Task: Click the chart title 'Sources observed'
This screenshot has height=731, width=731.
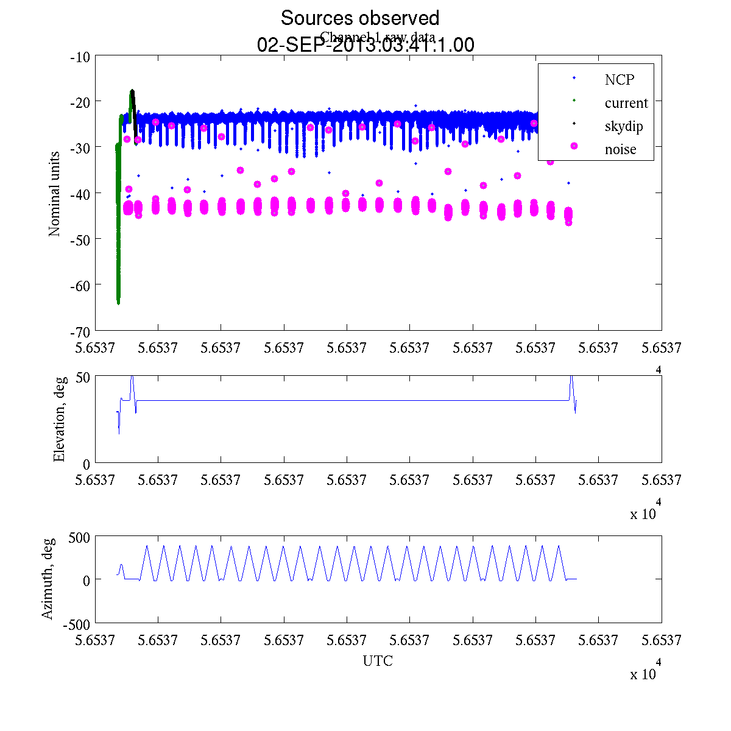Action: [x=359, y=18]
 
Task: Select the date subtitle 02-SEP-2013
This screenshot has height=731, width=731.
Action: [x=365, y=45]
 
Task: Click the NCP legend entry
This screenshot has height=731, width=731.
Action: [x=620, y=80]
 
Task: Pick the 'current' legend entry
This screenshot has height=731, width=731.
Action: [x=626, y=103]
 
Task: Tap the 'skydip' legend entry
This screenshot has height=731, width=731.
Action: [x=624, y=127]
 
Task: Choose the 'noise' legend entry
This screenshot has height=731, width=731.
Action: [x=620, y=150]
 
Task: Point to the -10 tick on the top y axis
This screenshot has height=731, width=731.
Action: [x=80, y=57]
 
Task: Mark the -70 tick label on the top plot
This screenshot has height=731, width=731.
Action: [x=80, y=331]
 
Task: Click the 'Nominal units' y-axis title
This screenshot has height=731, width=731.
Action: [x=55, y=194]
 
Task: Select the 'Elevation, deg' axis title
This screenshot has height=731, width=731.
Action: [x=59, y=419]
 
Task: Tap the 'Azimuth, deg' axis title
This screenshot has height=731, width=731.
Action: [x=48, y=579]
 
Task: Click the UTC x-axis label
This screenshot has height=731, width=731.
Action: [x=378, y=661]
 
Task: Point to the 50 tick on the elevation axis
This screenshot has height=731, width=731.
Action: [x=83, y=377]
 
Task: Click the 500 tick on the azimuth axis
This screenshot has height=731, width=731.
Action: [x=79, y=537]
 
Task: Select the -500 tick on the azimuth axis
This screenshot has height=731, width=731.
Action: [x=77, y=624]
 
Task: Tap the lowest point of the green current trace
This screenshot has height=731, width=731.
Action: [x=118, y=302]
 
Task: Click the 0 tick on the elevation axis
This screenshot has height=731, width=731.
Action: [x=87, y=464]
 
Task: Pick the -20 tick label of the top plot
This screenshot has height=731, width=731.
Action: [x=80, y=102]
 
